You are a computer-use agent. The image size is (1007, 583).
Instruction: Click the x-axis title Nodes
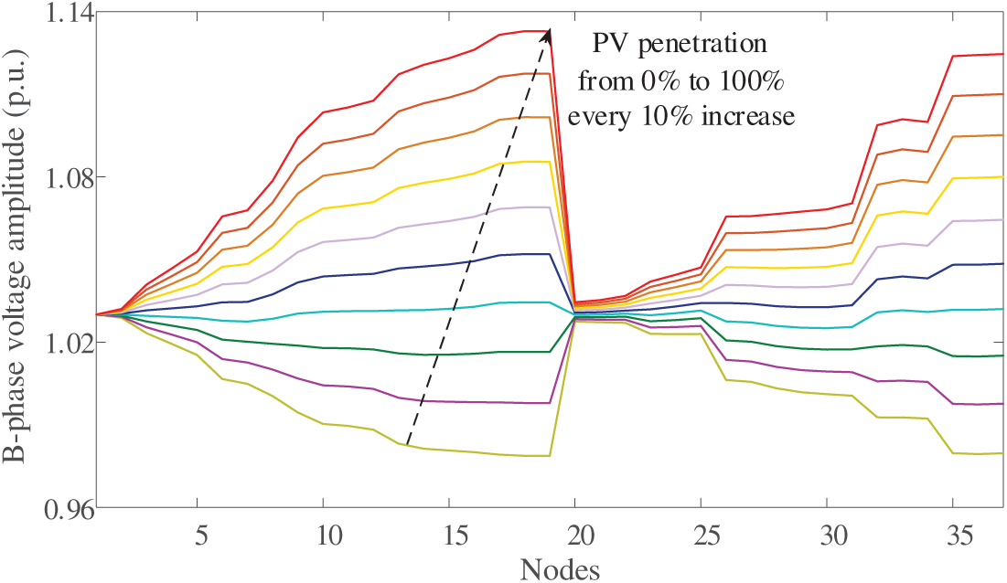(x=561, y=569)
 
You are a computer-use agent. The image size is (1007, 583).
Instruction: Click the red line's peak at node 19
(x=548, y=31)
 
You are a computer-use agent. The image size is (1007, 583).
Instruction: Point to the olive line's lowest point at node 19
(x=548, y=455)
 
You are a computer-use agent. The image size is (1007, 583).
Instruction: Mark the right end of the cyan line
(x=1002, y=309)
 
